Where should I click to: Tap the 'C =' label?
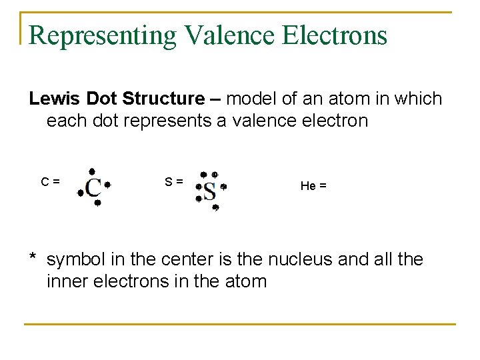51,181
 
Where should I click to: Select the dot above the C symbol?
92,171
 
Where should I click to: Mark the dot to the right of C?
107,184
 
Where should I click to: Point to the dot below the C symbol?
97,203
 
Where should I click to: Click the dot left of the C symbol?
80,193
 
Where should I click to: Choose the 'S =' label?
175,181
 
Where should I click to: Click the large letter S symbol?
209,191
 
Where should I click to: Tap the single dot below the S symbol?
215,208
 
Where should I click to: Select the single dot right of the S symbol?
224,187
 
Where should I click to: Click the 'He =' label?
313,186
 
